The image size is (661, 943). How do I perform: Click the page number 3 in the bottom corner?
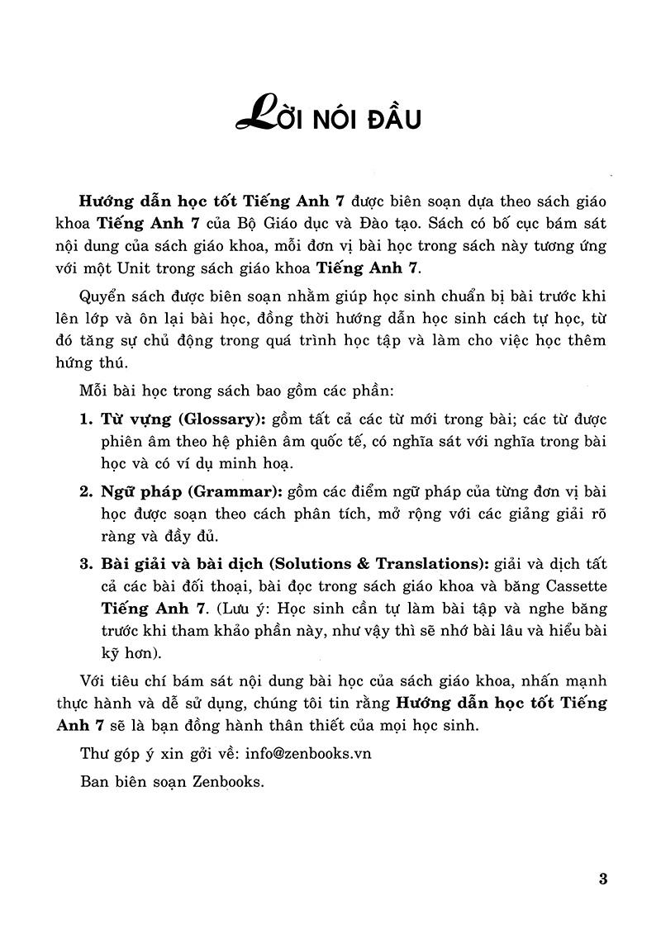point(602,879)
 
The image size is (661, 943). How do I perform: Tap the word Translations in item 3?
point(430,565)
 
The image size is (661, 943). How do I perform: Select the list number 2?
point(85,492)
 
